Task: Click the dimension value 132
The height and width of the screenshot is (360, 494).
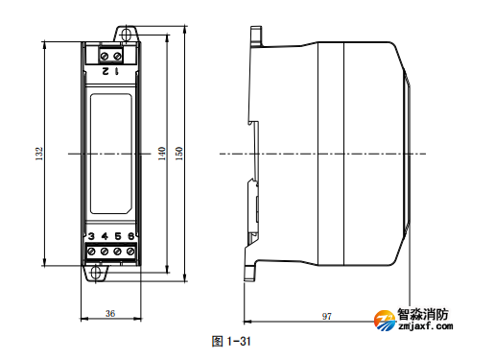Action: (39, 154)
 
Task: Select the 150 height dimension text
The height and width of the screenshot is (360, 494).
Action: (179, 154)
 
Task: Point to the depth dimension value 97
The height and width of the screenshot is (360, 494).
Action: (326, 315)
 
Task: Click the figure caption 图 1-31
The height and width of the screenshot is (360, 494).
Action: (230, 341)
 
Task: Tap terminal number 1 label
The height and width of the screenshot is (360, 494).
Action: (117, 70)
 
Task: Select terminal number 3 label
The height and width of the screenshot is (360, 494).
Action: (90, 236)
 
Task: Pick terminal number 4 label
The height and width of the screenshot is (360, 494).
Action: (104, 236)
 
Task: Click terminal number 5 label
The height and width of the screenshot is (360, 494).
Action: (117, 236)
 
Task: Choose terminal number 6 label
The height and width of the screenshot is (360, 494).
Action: (129, 236)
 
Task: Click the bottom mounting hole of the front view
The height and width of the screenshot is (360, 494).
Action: (97, 272)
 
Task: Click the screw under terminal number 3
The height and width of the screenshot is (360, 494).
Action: (90, 252)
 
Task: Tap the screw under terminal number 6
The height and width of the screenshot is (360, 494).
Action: (129, 252)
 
